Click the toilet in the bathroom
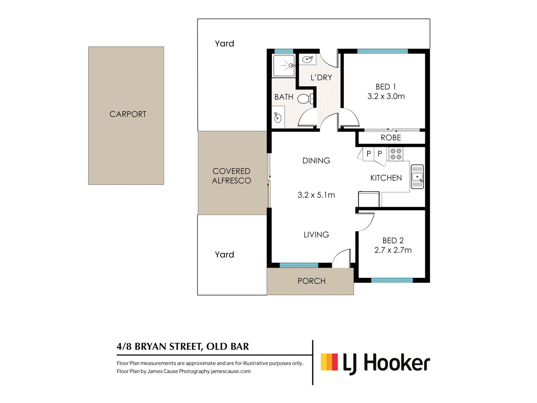pos(305,99)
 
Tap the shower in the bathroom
pos(284,66)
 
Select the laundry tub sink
pos(308,59)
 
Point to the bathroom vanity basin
pos(278,118)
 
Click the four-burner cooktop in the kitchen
pos(396,154)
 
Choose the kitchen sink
pos(417,177)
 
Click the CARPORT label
pos(128,114)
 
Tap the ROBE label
pos(391,138)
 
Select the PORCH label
pos(311,281)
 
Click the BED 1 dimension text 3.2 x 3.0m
pos(386,96)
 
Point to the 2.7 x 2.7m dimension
pos(393,250)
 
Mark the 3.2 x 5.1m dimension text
pos(316,195)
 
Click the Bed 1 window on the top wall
pos(382,51)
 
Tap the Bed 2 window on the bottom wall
pos(392,280)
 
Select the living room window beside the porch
pos(299,265)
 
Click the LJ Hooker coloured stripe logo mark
pos(329,362)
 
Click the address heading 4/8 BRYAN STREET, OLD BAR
pos(183,346)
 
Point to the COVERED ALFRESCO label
pos(231,176)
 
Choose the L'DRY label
pos(321,78)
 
